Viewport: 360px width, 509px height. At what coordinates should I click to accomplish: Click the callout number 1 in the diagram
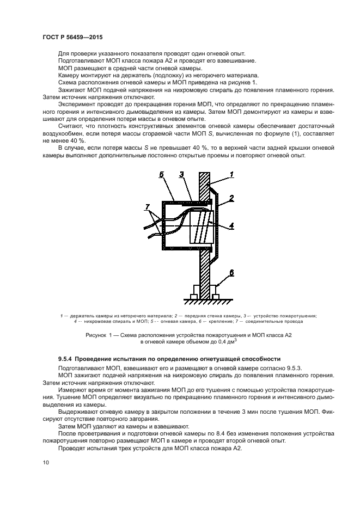[231, 174]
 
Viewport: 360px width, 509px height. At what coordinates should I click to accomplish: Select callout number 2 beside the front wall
[231, 199]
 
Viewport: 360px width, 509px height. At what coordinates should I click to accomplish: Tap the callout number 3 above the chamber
[181, 174]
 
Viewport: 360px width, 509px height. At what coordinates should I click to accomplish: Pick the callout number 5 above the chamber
[162, 174]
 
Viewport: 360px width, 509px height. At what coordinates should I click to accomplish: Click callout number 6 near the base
[231, 272]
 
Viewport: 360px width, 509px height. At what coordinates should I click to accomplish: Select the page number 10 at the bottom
[46, 463]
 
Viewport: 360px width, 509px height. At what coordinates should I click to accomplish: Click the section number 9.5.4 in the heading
[67, 359]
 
